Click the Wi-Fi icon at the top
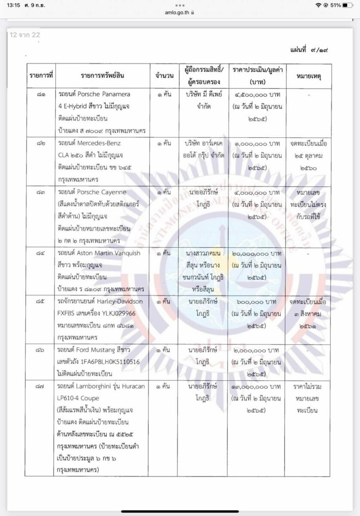click(x=318, y=5)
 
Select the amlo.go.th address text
click(x=177, y=12)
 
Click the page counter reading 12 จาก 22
click(x=24, y=35)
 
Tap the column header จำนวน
click(x=164, y=76)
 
